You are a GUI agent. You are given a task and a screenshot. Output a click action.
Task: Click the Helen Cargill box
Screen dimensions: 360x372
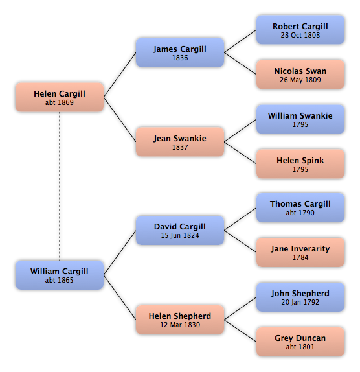tap(60, 97)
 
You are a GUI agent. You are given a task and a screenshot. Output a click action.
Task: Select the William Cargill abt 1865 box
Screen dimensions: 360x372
tap(60, 275)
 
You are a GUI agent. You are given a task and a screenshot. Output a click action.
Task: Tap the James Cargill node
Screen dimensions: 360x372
tap(180, 52)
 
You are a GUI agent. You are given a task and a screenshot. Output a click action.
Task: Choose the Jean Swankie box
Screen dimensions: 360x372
tap(180, 142)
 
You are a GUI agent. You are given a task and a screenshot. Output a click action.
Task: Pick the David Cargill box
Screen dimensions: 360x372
tap(180, 230)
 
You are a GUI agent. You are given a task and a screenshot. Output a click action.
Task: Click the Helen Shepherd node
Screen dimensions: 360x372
tap(180, 320)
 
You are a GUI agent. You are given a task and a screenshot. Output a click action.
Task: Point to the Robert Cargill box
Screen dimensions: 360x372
tap(300, 30)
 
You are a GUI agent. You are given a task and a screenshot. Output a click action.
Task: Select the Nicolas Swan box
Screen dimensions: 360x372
tap(300, 75)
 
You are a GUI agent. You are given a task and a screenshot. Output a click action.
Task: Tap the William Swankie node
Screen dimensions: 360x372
tap(300, 119)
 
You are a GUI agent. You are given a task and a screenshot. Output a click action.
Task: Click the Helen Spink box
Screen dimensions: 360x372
tap(300, 164)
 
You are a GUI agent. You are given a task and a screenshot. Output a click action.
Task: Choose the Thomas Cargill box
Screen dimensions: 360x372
tap(300, 207)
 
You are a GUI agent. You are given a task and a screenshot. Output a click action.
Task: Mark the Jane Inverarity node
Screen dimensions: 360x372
tap(300, 252)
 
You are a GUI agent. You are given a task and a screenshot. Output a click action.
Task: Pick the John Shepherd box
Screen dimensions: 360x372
tap(300, 297)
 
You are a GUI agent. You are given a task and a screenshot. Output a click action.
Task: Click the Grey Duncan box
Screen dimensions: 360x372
tap(300, 342)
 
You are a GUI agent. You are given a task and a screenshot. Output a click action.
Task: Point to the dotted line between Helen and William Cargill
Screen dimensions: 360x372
tap(60, 186)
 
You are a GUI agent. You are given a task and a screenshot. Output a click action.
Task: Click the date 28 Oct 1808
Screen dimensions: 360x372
tap(300, 35)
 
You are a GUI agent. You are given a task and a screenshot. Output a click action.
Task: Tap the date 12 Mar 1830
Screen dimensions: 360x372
tap(180, 325)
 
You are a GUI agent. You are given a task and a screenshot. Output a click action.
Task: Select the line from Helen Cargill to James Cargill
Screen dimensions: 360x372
tap(120, 75)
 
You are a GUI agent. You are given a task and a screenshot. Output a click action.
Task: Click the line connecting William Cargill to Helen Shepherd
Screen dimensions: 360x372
tap(120, 297)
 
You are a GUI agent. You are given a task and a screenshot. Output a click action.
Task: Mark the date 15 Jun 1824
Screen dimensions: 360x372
tap(180, 235)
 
